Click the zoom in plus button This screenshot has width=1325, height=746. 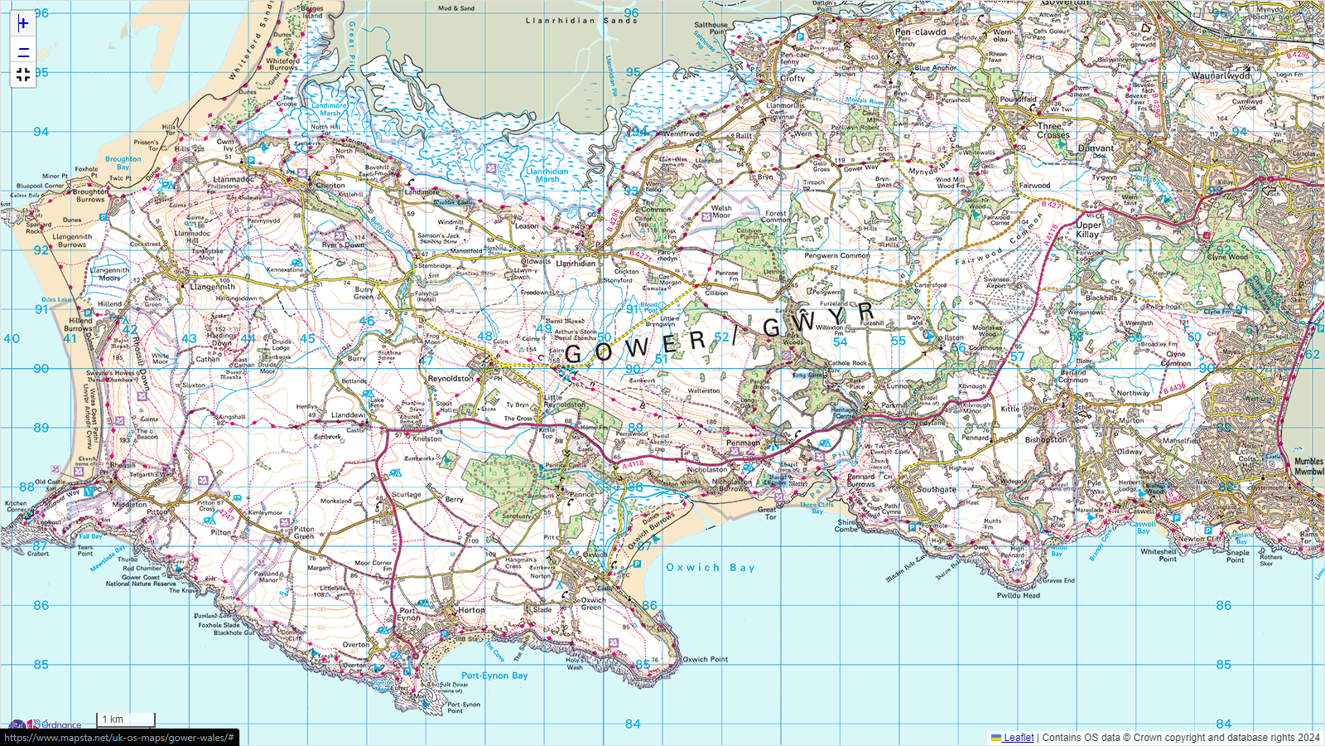click(x=23, y=23)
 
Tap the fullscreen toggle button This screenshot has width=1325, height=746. click(x=23, y=75)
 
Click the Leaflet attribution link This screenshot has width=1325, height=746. click(x=1018, y=738)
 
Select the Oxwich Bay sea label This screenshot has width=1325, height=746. click(x=711, y=568)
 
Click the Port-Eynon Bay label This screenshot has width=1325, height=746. click(x=494, y=676)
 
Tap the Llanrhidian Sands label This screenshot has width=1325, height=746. click(x=581, y=21)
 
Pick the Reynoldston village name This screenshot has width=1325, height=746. click(x=450, y=379)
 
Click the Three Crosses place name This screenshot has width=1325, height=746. click(x=1053, y=130)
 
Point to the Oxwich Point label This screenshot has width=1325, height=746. click(x=705, y=660)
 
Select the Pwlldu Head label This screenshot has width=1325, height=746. click(x=1018, y=595)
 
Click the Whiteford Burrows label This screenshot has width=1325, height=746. click(x=282, y=64)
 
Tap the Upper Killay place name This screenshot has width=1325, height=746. click(x=1088, y=230)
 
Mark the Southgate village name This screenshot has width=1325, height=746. click(x=936, y=489)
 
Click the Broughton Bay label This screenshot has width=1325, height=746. click(x=123, y=162)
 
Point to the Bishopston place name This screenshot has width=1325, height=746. click(x=1046, y=439)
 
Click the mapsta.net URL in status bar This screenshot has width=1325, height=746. click(x=119, y=738)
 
